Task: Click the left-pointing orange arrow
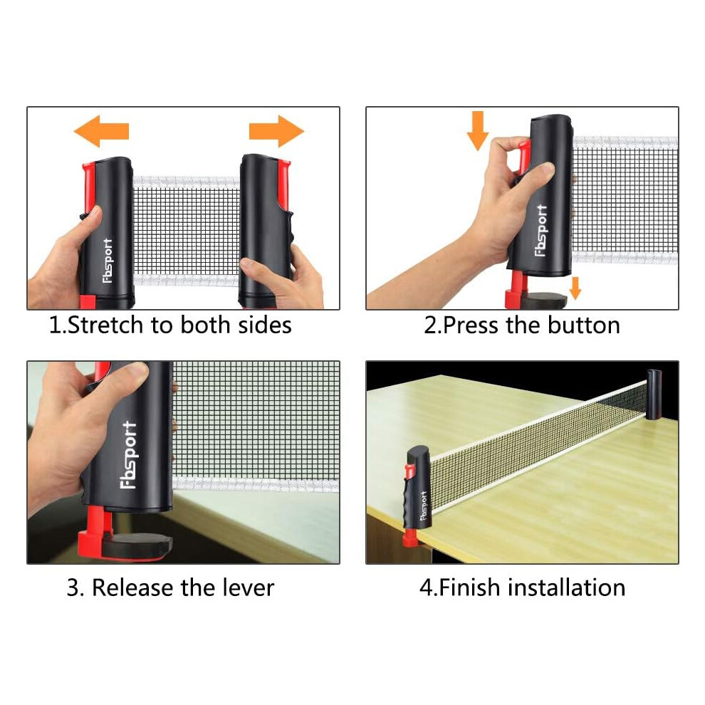(x=101, y=131)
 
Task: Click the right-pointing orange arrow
(x=276, y=131)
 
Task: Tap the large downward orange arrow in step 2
(x=478, y=130)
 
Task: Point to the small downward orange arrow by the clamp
(x=575, y=288)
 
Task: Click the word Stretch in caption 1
(x=105, y=325)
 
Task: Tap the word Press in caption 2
(x=471, y=325)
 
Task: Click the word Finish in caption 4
(x=469, y=587)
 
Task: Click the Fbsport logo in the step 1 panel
(x=108, y=261)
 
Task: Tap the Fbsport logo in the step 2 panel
(x=541, y=230)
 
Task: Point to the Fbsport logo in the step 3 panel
(x=129, y=455)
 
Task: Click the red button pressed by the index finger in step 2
(x=523, y=157)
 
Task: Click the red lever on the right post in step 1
(x=284, y=184)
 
